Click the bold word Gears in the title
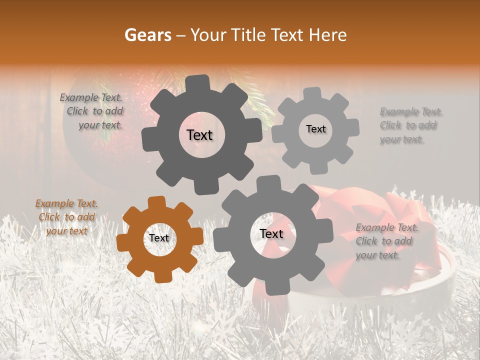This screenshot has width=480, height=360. [147, 35]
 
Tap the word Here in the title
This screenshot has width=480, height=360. [328, 35]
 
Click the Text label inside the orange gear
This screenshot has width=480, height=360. [159, 238]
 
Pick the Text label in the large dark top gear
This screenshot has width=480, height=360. [199, 135]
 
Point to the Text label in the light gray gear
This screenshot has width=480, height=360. [315, 129]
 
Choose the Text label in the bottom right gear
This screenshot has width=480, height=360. [271, 234]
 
